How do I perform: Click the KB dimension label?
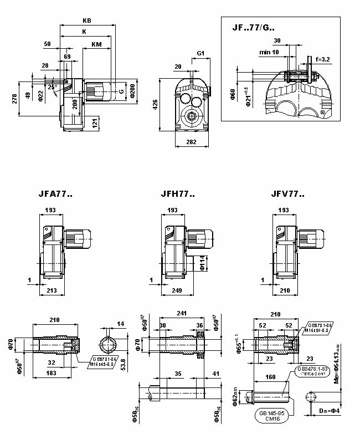pyautogui.click(x=86, y=21)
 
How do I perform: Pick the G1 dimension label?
pyautogui.click(x=201, y=54)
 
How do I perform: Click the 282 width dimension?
pyautogui.click(x=192, y=142)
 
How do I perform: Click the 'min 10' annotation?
pyautogui.click(x=269, y=52)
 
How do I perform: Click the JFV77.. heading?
pyautogui.click(x=288, y=195)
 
